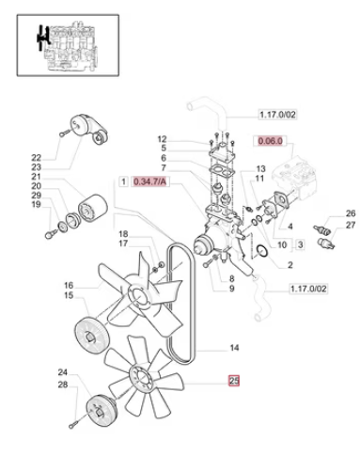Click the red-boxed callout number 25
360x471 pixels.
pos(234,381)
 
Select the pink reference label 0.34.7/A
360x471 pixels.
pos(149,181)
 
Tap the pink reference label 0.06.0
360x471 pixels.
pos(270,141)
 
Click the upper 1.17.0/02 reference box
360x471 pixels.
pos(277,115)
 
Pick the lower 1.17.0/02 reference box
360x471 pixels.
pos(308,289)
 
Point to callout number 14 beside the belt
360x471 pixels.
pos(234,348)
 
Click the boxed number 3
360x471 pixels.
pos(300,244)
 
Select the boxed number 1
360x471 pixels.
pos(124,181)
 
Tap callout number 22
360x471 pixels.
pos(37,158)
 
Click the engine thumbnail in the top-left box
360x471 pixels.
pos(68,45)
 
